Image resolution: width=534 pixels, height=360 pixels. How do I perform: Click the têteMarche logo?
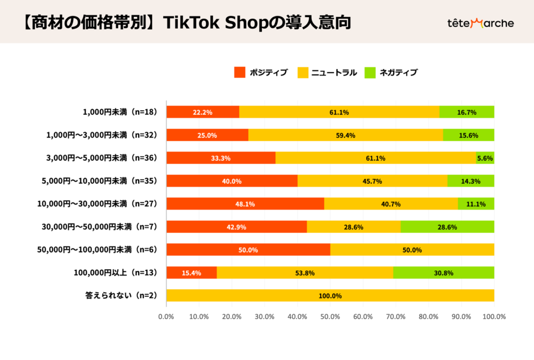coord(480,23)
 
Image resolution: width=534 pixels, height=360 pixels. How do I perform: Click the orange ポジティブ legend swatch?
coord(239,73)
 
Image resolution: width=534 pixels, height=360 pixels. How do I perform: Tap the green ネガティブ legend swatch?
coord(370,73)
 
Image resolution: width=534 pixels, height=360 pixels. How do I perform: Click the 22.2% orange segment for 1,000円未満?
coord(202,112)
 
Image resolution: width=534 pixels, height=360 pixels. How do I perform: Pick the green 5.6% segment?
coord(485,158)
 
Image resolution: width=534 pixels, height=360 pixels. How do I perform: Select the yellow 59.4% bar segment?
coord(346,135)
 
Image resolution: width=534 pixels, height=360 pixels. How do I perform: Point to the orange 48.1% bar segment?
coord(245,203)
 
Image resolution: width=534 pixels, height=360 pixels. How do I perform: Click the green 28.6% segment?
coord(447,226)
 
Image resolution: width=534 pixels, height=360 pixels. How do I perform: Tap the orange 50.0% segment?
coord(248,249)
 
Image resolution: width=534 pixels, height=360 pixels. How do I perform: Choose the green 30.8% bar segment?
coord(444,272)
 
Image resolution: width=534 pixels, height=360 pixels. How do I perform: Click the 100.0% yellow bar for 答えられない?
coord(330,295)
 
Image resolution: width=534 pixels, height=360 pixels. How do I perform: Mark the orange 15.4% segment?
coord(191,272)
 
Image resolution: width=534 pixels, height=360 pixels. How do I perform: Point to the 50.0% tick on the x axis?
coord(330,316)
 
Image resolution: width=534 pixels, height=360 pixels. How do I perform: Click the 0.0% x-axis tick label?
coord(166,316)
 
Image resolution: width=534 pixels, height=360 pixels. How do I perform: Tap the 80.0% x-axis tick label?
coord(429,316)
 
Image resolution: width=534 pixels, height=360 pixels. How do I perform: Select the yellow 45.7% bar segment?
coord(372,181)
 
